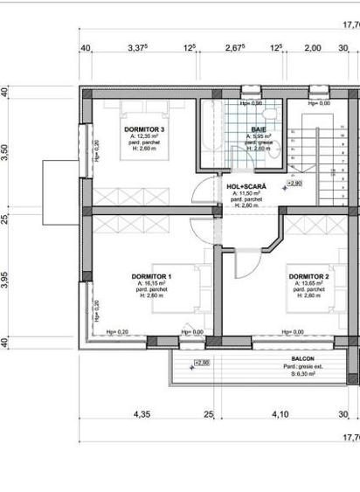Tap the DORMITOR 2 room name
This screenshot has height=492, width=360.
point(309,277)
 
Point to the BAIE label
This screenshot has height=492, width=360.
point(260,130)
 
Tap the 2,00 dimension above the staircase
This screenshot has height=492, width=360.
point(313,48)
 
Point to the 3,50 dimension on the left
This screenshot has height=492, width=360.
point(6,150)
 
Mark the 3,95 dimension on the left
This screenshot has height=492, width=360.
point(6,281)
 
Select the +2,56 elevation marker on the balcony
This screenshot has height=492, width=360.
point(202,363)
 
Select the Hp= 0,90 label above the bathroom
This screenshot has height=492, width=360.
point(251,104)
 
